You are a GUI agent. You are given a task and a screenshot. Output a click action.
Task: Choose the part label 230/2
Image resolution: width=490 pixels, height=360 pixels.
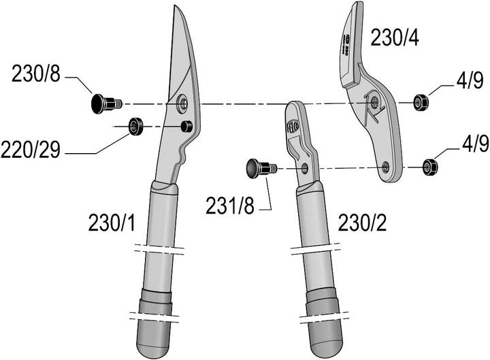361,223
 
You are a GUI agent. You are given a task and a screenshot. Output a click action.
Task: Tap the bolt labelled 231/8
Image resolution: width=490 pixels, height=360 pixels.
259,167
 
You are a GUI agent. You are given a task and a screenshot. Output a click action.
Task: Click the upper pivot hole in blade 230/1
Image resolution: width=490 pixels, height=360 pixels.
182,103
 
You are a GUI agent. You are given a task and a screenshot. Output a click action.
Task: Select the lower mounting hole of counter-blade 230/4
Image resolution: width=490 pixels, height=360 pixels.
386,166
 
